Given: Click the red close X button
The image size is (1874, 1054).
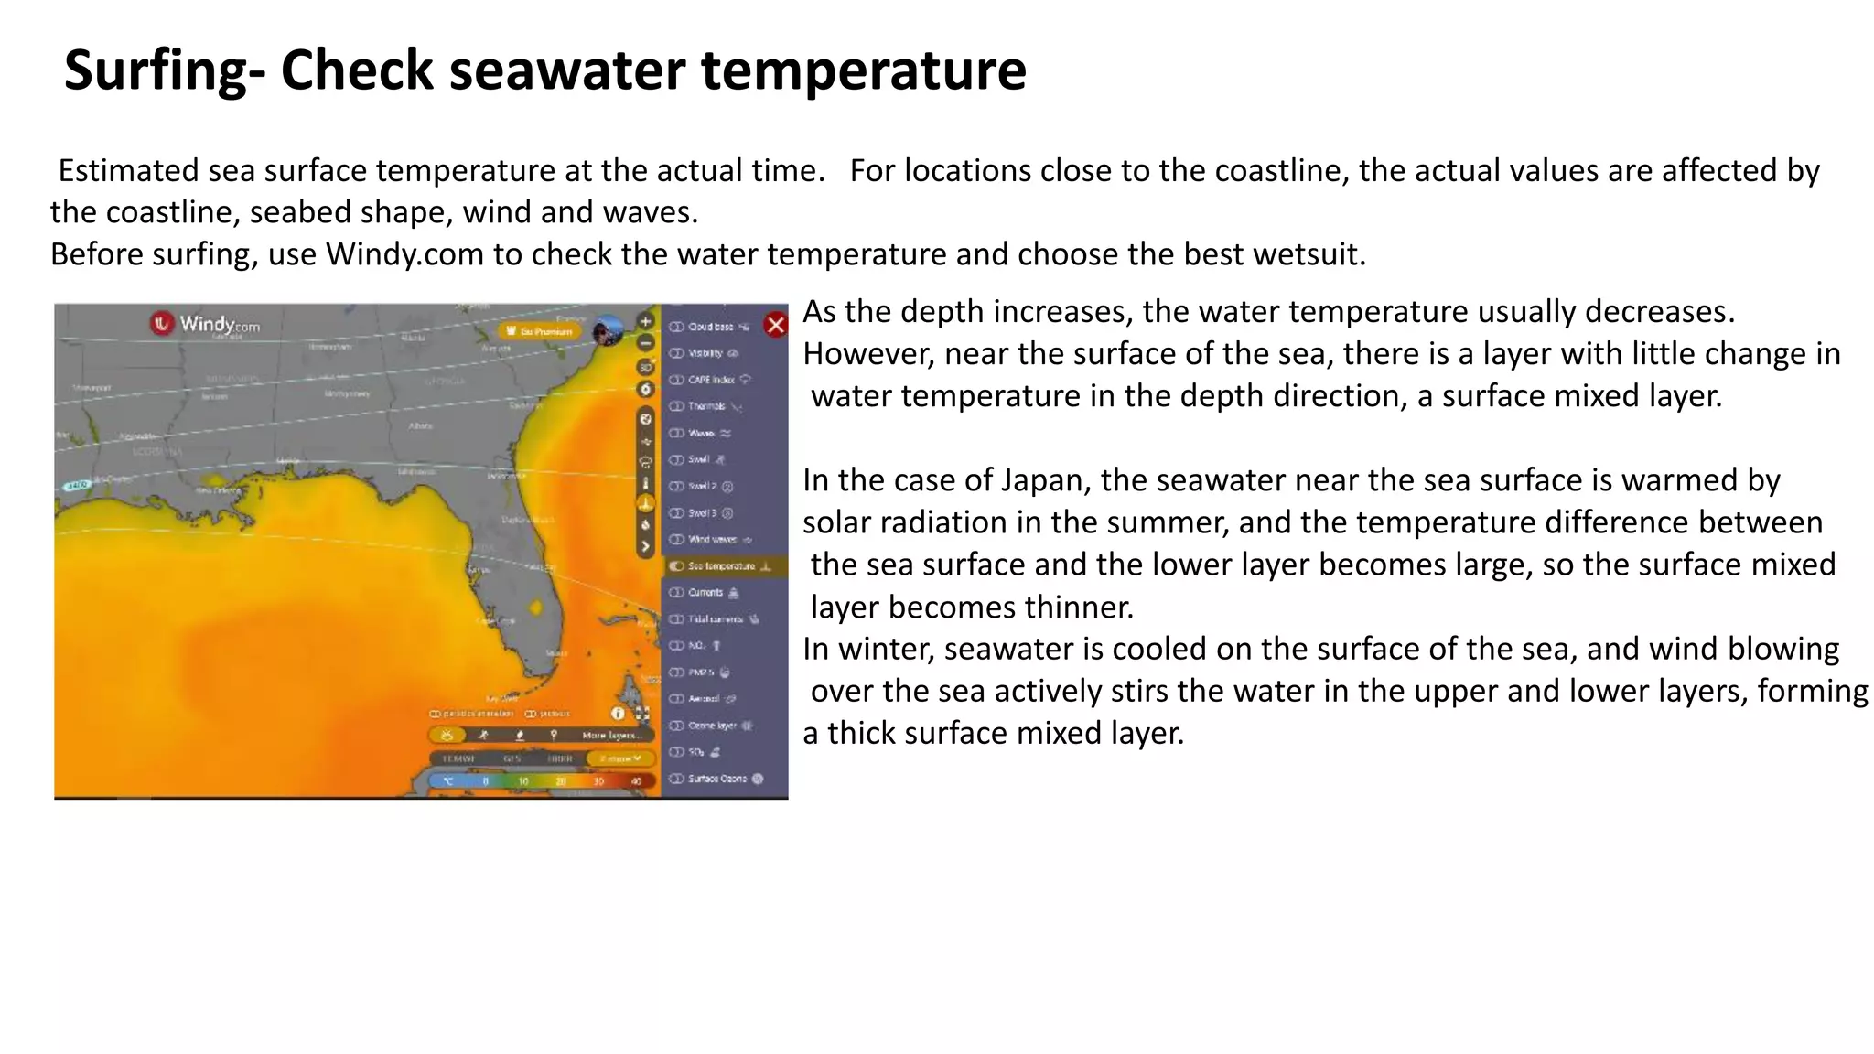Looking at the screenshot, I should click(x=775, y=325).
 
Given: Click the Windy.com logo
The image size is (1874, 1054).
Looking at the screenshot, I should click(x=206, y=323).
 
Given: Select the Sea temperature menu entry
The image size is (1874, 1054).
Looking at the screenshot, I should click(x=722, y=566).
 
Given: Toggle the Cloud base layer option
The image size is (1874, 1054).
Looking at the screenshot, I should click(x=711, y=327).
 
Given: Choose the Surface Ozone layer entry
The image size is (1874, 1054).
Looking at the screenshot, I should click(x=717, y=779).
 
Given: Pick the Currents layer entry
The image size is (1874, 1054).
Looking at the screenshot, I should click(x=705, y=593).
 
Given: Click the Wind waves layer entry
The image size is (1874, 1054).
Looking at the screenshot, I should click(x=712, y=540).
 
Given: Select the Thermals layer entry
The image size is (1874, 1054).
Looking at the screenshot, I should click(x=706, y=406).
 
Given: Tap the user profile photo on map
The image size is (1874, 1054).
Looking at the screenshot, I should click(x=607, y=331).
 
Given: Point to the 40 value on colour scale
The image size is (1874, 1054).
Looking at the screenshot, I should click(x=636, y=781).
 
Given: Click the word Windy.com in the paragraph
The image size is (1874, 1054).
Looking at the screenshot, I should click(x=404, y=253).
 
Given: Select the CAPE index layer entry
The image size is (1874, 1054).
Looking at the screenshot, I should click(x=711, y=380).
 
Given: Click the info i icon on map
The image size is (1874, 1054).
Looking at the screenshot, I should click(x=618, y=714).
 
